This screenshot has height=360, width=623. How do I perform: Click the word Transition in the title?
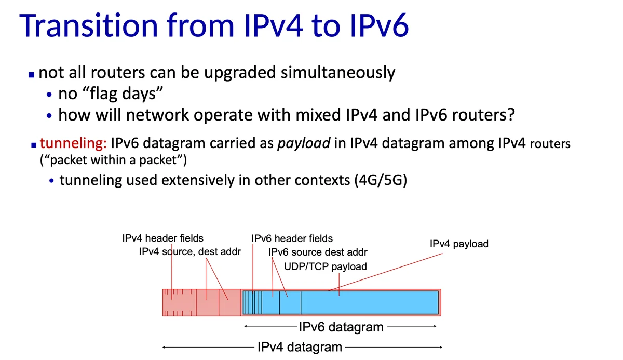point(89,25)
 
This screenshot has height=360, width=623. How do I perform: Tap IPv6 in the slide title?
point(379,25)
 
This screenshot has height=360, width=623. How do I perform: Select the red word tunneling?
point(73,143)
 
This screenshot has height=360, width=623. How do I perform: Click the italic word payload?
point(304,144)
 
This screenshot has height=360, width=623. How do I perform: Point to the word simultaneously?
point(337,73)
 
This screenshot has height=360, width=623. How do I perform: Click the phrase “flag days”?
point(111,94)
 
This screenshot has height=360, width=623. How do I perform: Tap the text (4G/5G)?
point(381,180)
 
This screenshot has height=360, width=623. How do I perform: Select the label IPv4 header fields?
point(162,238)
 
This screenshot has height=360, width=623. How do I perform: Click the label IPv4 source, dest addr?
point(189,252)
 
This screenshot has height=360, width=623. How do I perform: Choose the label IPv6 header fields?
point(292,239)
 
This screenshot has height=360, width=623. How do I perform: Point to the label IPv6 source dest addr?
point(318,252)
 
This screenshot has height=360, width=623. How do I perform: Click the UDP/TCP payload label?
point(326,267)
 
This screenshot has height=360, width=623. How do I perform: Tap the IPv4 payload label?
point(459,244)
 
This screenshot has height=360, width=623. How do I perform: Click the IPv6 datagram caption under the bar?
point(341,327)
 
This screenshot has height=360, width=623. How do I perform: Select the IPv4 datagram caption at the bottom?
point(300,347)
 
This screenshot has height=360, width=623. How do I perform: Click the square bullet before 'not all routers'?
point(32,75)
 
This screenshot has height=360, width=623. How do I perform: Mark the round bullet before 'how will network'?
point(49,116)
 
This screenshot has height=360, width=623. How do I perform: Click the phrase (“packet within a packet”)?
point(113,160)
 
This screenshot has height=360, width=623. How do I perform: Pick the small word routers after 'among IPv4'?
point(550,144)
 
